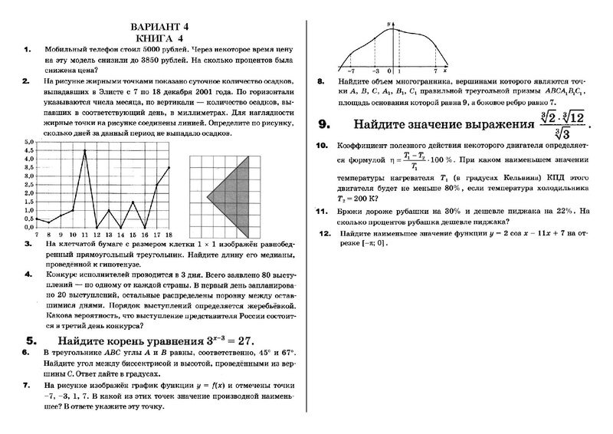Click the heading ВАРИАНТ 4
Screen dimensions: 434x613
(x=169, y=25)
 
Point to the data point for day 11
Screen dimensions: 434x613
(x=85, y=151)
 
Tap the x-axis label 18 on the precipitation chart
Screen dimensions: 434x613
(x=169, y=234)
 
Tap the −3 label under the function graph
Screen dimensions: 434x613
(x=375, y=71)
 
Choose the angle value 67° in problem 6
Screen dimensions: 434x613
(x=284, y=354)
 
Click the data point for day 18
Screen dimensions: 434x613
(x=169, y=167)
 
